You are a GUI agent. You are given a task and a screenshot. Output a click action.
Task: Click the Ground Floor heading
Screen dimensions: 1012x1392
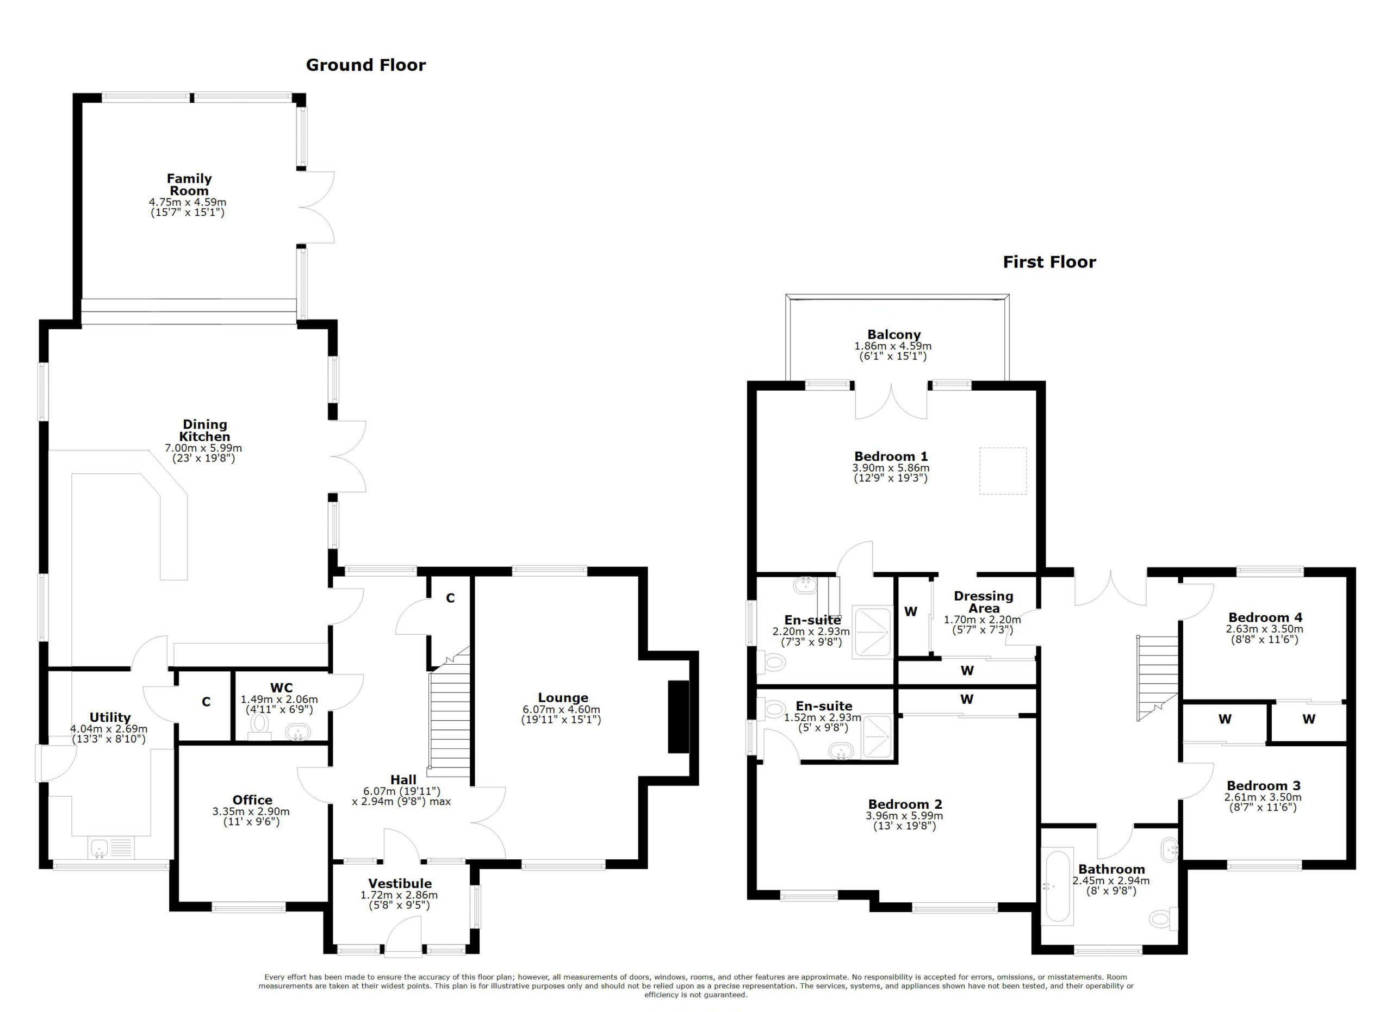click(365, 65)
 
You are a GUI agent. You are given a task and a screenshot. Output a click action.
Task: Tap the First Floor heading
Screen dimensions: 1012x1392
click(1049, 262)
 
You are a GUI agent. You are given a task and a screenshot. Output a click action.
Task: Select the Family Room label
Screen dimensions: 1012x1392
click(189, 184)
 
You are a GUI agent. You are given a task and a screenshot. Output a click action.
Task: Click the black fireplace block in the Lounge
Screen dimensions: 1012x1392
click(678, 716)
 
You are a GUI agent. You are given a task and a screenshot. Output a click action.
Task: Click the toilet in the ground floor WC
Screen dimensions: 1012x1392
click(259, 725)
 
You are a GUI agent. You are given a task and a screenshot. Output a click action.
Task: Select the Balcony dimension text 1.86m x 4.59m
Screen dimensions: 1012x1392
click(892, 346)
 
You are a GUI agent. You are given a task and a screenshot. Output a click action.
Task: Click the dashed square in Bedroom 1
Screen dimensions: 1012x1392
click(1002, 471)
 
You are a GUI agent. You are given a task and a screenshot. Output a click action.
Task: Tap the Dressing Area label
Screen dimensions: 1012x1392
click(983, 602)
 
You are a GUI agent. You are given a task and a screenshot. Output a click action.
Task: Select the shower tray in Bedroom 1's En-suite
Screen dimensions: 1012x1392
click(872, 633)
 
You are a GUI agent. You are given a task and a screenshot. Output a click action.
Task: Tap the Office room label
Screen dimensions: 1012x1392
click(252, 800)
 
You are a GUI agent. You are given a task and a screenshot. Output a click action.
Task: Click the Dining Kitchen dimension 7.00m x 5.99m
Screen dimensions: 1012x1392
click(203, 448)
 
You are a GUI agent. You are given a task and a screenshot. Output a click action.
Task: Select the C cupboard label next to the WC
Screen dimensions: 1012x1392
click(206, 702)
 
